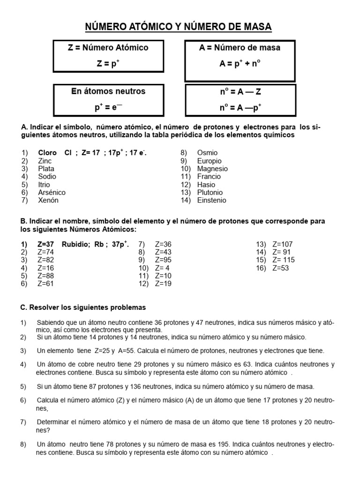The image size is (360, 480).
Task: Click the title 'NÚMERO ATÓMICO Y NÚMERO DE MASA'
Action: (x=179, y=27)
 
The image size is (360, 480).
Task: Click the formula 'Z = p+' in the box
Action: (x=108, y=63)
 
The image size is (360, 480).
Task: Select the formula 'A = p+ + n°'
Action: (x=240, y=64)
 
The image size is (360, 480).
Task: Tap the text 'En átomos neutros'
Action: (x=108, y=91)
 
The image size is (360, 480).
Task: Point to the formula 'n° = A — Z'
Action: (x=240, y=92)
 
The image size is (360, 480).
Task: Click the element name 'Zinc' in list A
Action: (x=45, y=161)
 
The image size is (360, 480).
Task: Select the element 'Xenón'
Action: (x=48, y=200)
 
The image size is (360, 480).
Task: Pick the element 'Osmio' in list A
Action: (x=207, y=153)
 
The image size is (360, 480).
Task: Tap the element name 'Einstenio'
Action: (x=211, y=200)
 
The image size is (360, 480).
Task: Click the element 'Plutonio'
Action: (x=210, y=192)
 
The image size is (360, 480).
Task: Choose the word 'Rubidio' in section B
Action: (x=75, y=244)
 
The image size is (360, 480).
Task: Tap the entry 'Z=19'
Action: (x=163, y=284)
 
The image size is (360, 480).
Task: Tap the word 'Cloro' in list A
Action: (x=47, y=153)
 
